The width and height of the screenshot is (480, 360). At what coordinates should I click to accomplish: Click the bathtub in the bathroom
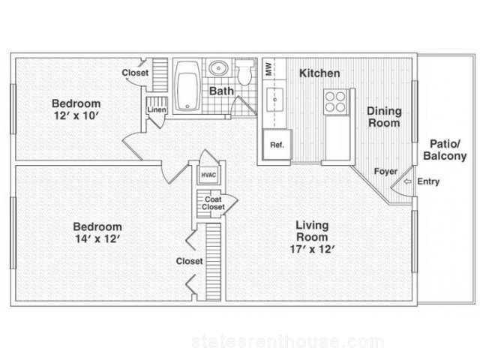click(187, 87)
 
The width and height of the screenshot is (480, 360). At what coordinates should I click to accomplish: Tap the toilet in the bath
click(244, 72)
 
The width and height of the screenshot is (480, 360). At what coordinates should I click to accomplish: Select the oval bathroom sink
click(218, 67)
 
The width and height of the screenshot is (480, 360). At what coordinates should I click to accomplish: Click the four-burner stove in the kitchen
click(336, 102)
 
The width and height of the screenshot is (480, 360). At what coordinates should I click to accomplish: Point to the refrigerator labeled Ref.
click(277, 145)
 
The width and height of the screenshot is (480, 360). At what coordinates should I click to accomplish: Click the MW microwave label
click(268, 69)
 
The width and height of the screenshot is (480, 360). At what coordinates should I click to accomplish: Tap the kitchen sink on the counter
click(274, 100)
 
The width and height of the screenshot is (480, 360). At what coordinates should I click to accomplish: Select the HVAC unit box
click(208, 175)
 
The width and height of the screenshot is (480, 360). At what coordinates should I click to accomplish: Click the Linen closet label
click(157, 109)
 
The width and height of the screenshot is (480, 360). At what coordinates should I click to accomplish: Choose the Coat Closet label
click(213, 203)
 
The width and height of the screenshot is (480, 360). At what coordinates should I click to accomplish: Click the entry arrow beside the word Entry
click(407, 181)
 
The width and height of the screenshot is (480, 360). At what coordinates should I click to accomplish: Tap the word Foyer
click(385, 172)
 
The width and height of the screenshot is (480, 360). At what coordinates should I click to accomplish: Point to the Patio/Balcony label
click(445, 150)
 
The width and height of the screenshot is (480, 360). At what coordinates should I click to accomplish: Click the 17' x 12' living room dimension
click(312, 249)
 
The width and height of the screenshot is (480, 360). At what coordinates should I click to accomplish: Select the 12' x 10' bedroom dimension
click(76, 115)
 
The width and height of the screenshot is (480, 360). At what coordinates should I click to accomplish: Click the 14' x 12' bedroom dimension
click(97, 238)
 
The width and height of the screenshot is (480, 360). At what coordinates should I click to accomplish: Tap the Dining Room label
click(384, 117)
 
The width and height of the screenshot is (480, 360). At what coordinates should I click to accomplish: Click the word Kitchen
click(319, 73)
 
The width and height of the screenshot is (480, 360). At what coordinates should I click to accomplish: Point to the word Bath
click(221, 91)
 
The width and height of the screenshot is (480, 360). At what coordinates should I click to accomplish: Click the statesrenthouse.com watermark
click(288, 342)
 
